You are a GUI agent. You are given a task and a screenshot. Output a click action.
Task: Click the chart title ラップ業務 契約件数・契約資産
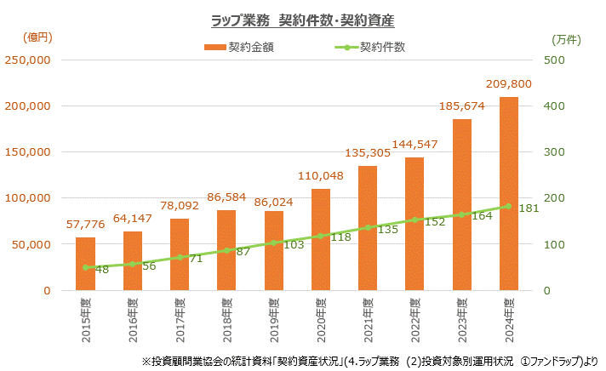click(302, 18)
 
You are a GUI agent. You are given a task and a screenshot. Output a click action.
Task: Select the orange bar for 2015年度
click(85, 264)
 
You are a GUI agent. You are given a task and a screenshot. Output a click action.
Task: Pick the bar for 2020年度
click(321, 239)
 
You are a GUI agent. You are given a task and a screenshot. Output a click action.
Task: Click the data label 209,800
click(509, 84)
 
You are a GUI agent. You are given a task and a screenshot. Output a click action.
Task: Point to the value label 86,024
click(274, 198)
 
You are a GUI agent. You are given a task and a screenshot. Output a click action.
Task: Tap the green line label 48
click(101, 269)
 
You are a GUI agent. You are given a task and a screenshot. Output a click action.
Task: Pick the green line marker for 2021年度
click(368, 227)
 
